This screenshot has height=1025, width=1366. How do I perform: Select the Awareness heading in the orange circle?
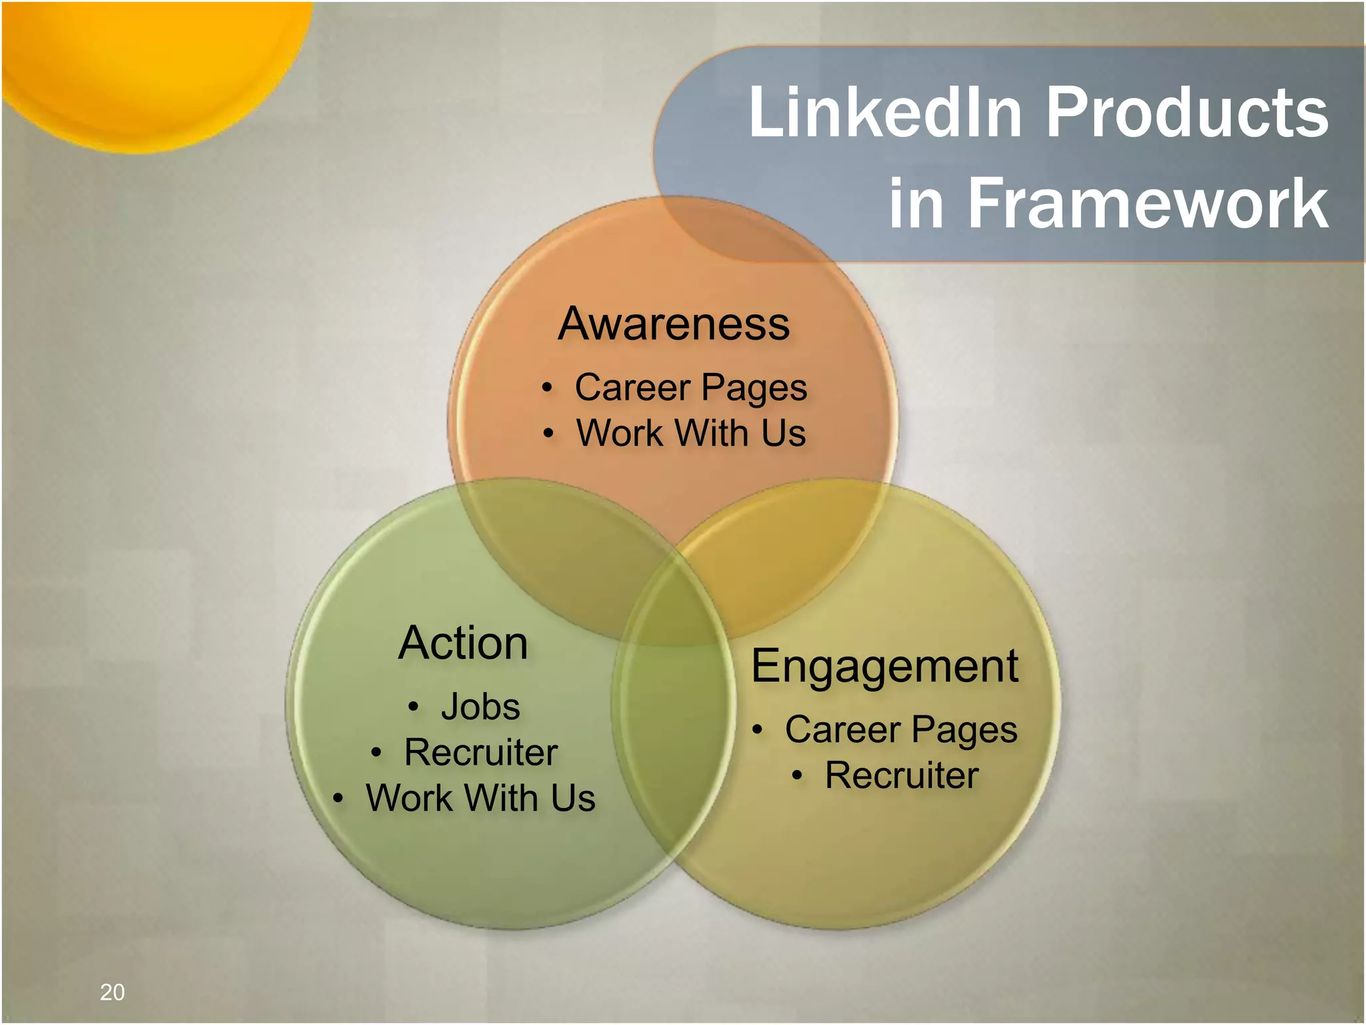[x=674, y=324]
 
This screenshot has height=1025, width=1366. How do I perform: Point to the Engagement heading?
[x=884, y=666]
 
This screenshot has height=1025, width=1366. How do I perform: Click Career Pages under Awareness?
[x=690, y=388]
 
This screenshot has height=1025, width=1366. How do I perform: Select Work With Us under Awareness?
[x=690, y=433]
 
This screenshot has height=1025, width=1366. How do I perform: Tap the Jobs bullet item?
[x=480, y=706]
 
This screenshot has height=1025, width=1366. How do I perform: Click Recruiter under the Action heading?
[x=480, y=752]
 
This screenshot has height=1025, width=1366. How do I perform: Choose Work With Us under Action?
[x=480, y=797]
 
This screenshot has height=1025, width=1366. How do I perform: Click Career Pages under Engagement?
[x=900, y=729]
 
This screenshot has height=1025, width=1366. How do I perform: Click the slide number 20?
[x=112, y=992]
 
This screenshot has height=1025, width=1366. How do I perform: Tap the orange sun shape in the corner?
[x=147, y=60]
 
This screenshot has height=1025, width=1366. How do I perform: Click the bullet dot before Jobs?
[x=414, y=707]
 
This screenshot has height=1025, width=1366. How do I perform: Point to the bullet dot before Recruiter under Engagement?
[x=796, y=775]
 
